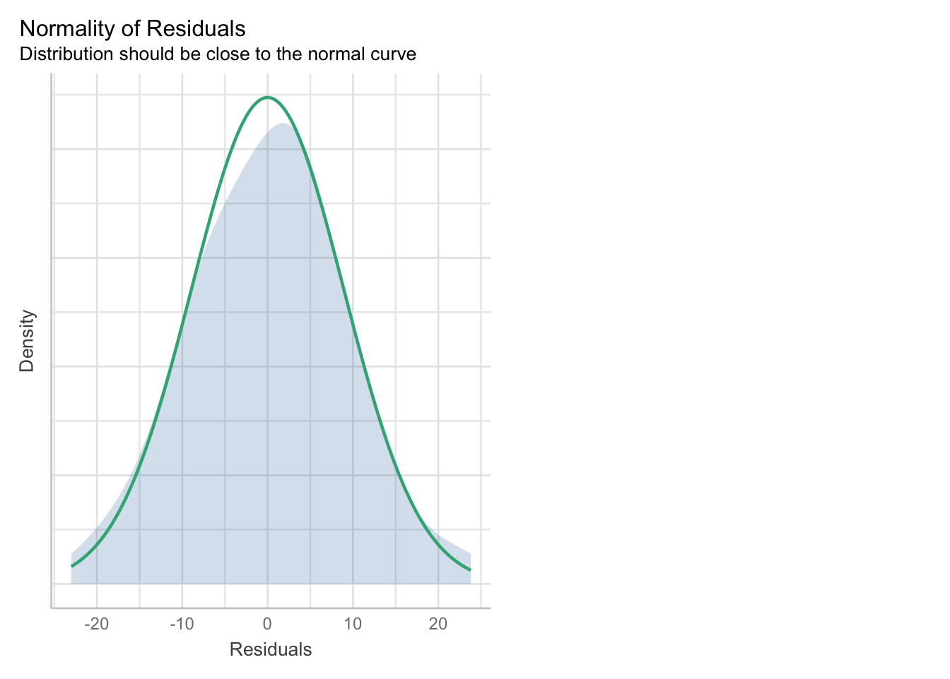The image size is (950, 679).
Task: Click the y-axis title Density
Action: tap(27, 340)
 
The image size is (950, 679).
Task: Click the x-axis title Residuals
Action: tap(271, 650)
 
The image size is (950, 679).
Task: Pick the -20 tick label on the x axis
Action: tap(96, 624)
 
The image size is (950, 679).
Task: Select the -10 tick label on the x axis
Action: tap(182, 624)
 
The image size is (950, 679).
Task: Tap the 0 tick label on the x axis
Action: tap(267, 624)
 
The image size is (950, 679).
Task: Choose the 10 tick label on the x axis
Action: tap(353, 624)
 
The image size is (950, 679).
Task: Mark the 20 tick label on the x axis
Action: tap(438, 624)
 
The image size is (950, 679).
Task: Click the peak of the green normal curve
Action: tap(267, 98)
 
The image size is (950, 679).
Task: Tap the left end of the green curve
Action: tap(71, 566)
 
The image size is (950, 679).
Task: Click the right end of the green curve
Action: tap(470, 569)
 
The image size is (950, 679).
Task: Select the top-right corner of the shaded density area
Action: tap(470, 554)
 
